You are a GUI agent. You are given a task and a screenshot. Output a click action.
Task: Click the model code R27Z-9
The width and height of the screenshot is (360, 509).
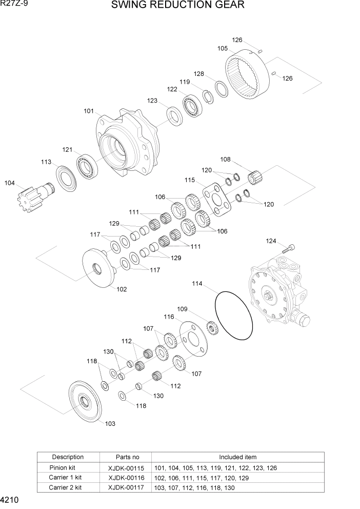coord(16,5)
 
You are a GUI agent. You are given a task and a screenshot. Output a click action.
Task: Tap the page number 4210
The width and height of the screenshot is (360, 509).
coord(11,499)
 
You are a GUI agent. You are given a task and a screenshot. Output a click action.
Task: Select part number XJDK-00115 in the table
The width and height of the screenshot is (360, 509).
coord(126,468)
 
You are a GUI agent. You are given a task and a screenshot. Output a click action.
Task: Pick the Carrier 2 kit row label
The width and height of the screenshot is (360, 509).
coord(65,487)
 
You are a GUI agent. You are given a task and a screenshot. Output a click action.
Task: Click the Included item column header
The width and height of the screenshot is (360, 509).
coord(237,457)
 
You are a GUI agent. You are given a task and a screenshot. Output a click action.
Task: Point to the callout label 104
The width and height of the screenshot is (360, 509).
coord(10,183)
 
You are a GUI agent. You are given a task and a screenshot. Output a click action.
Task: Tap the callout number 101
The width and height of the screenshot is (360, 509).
coord(89,111)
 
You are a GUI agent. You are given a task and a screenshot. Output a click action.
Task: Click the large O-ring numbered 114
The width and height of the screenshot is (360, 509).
coord(234,315)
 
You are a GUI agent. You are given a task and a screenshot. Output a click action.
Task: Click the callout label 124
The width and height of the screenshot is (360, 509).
coord(271,241)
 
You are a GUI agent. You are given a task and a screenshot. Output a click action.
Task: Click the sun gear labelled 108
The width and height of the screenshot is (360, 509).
coord(254,177)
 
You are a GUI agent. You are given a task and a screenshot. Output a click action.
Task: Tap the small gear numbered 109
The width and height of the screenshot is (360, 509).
coord(212,327)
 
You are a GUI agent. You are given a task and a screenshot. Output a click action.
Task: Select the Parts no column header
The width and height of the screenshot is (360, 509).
coord(126,457)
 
